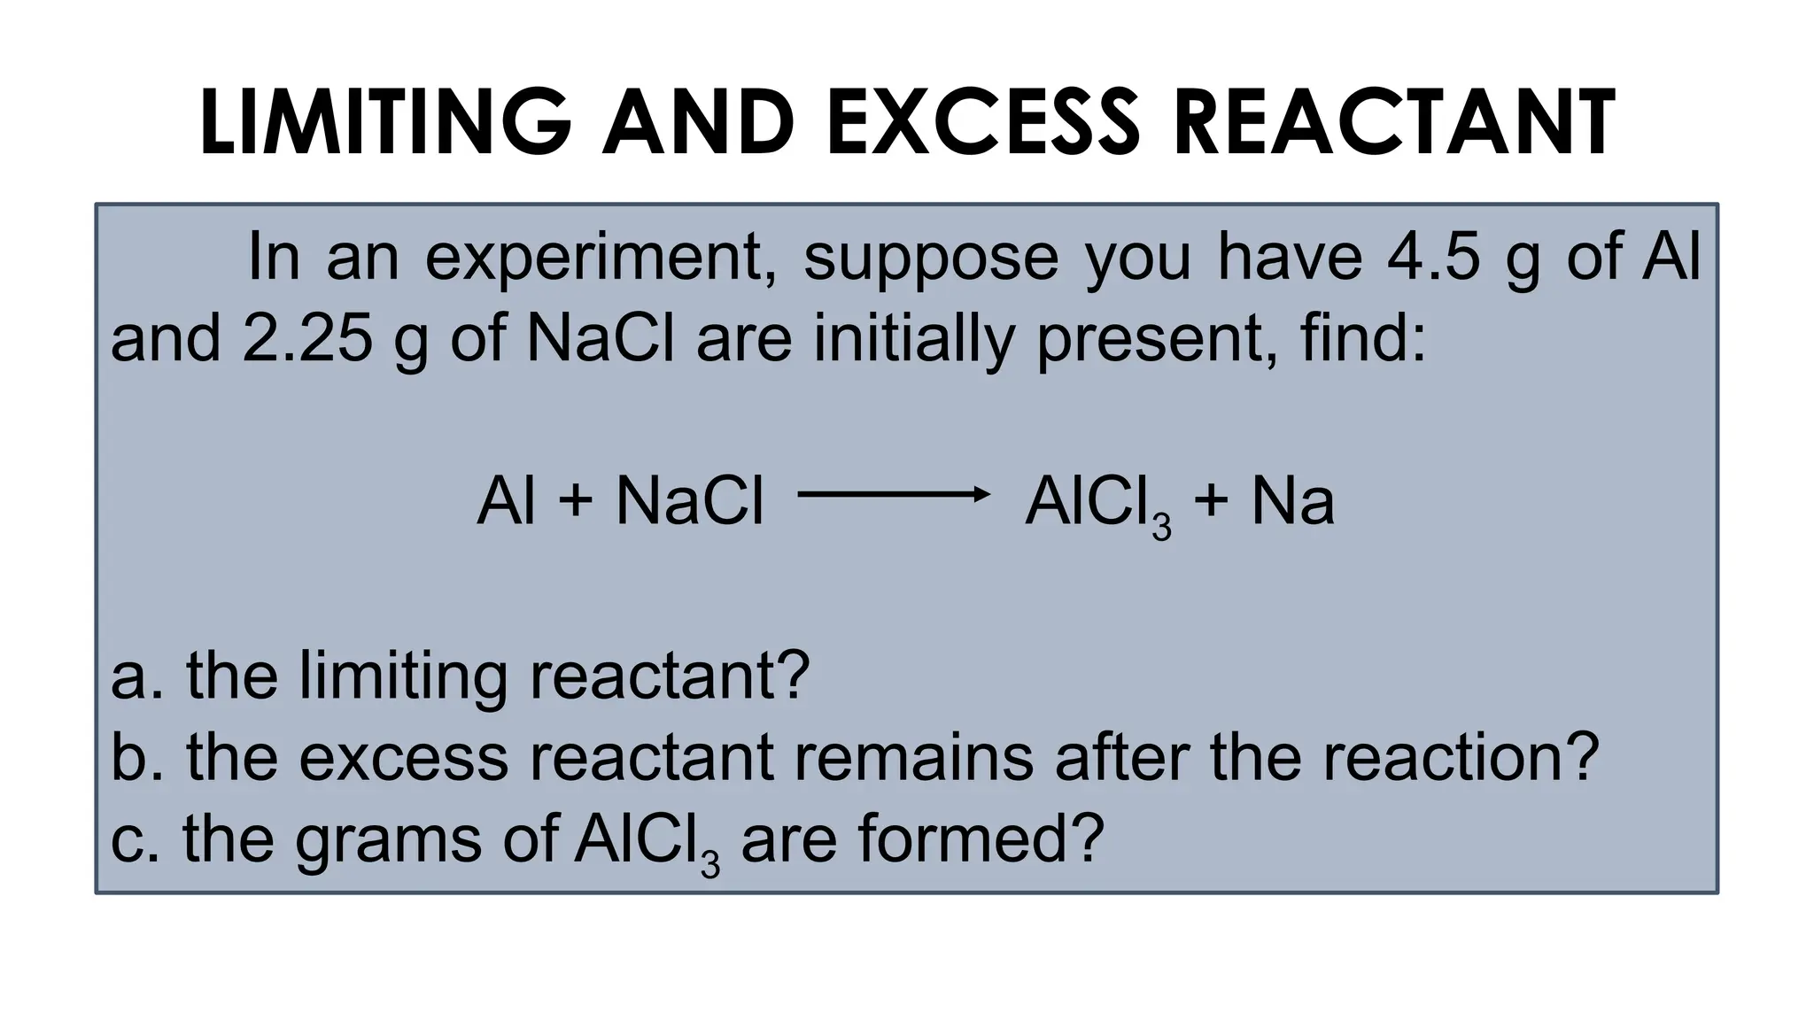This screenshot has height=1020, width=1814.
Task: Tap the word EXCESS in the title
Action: tap(982, 123)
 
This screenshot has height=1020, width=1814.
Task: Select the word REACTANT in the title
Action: tap(1394, 123)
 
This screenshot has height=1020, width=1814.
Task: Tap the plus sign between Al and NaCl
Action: tap(576, 501)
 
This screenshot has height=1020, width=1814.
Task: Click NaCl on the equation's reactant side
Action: tap(689, 501)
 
